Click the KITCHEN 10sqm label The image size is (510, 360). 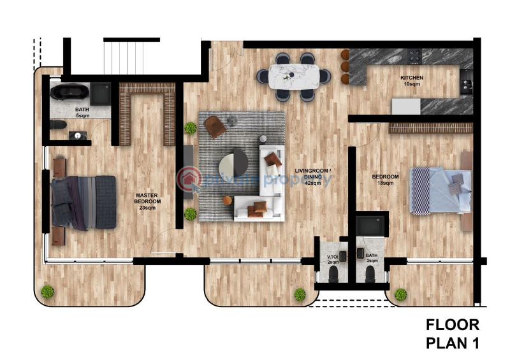[411, 81]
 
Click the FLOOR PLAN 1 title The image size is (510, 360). [452, 335]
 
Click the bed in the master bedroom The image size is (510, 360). [84, 201]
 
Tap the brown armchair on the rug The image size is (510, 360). [215, 126]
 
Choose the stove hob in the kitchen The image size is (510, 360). [414, 57]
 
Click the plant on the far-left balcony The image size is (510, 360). [47, 292]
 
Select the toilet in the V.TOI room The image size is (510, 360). [333, 274]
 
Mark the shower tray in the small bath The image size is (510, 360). [371, 226]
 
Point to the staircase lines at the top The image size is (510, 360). [131, 56]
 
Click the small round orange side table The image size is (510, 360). [228, 201]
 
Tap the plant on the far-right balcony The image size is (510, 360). [400, 294]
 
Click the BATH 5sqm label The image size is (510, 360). [82, 113]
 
